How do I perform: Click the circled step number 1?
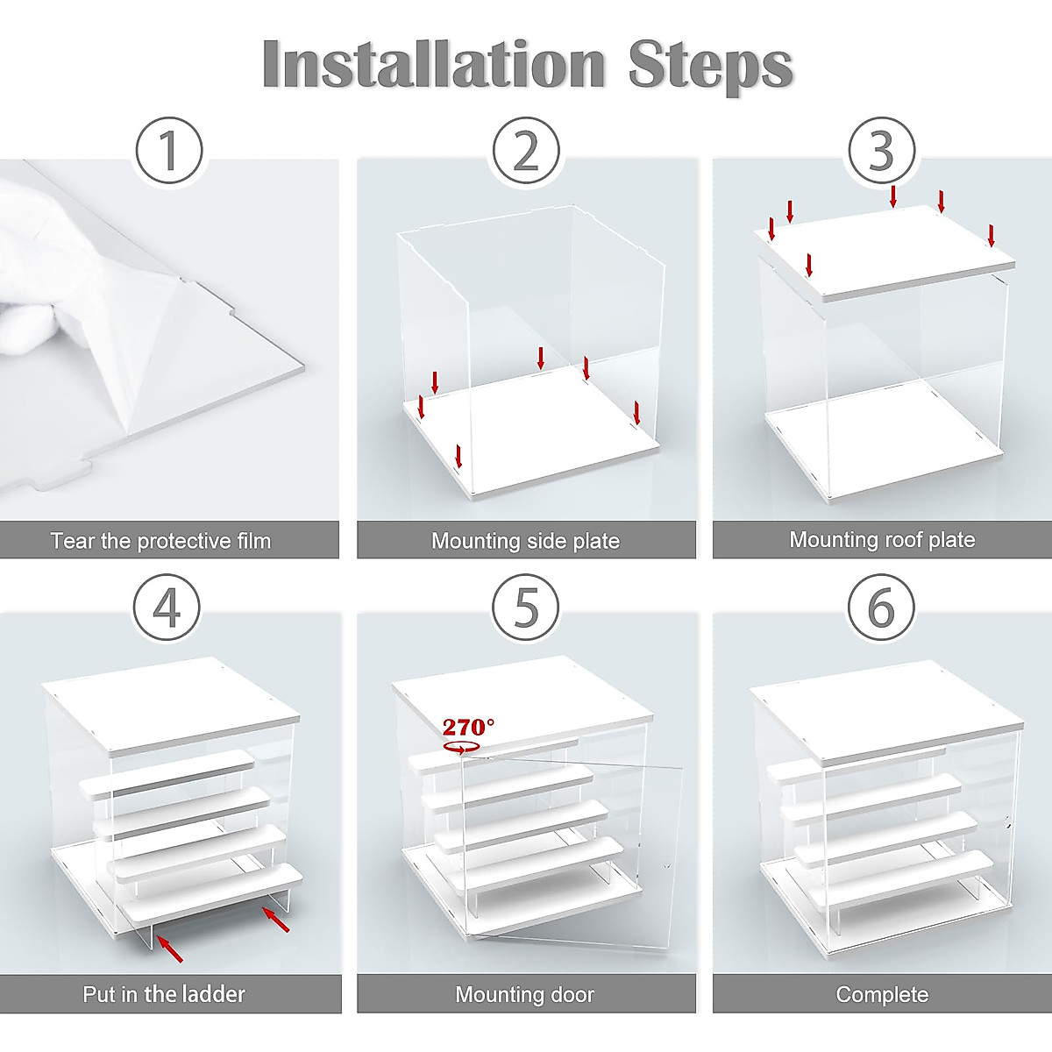point(169,150)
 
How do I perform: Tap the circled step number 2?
point(526,150)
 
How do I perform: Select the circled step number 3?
point(882,150)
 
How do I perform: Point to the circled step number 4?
point(167,608)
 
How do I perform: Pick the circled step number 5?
point(526,608)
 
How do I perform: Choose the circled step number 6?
point(881,608)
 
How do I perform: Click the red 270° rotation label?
point(468,727)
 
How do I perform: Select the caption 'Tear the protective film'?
point(161,541)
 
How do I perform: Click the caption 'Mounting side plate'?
point(526,541)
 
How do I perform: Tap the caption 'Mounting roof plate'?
point(882,539)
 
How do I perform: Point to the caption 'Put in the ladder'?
point(164,994)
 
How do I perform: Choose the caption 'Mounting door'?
point(524,995)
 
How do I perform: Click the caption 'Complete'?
point(882,994)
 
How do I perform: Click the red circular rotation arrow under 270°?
point(458,748)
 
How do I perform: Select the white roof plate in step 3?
point(885,251)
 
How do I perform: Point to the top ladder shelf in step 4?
point(167,772)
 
